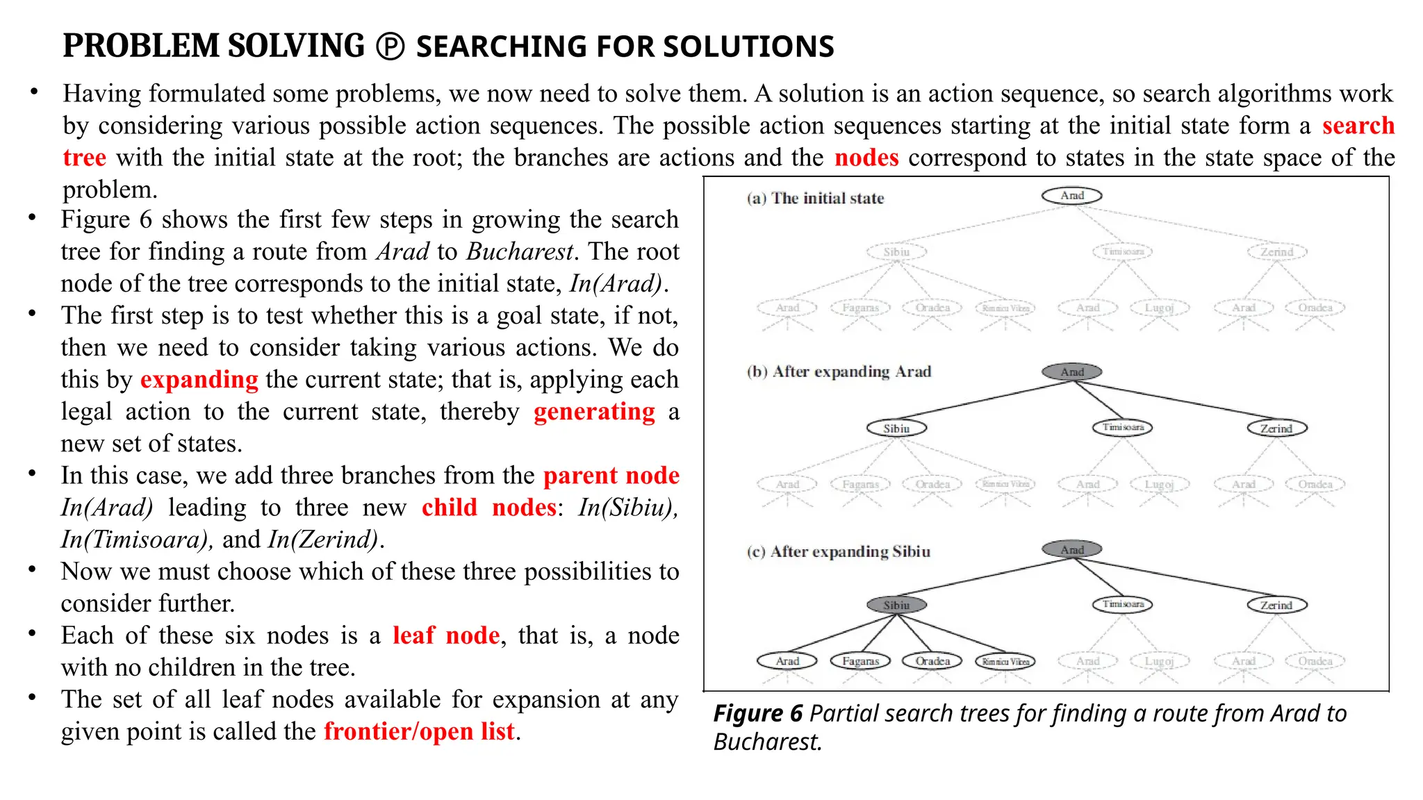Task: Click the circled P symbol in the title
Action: (390, 47)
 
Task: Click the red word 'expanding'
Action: (199, 380)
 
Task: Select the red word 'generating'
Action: (594, 412)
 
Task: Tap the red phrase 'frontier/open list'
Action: (419, 731)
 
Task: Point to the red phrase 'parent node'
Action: (611, 476)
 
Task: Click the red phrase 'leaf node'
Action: (446, 635)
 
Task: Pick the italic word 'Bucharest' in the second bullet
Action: (520, 251)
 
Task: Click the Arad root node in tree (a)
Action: (1071, 196)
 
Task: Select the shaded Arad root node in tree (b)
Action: (1071, 372)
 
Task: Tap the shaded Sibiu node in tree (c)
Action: (896, 605)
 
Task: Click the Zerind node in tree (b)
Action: (1276, 428)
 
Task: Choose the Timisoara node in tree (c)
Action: (1122, 604)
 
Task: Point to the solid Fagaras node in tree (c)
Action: (860, 661)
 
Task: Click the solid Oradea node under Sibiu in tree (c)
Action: (932, 661)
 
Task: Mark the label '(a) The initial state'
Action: (815, 199)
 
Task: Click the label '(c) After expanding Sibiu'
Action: (838, 552)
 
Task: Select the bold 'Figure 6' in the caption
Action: (757, 714)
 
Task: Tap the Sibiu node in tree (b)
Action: (896, 428)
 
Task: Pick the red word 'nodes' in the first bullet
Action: (866, 158)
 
